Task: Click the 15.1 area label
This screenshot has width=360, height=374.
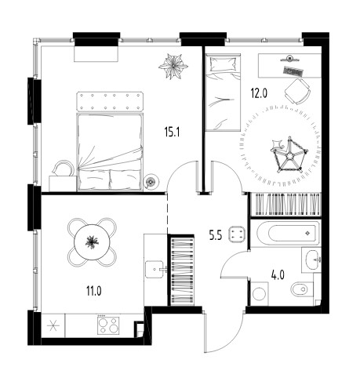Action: (172, 133)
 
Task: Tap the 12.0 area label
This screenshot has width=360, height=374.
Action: (259, 93)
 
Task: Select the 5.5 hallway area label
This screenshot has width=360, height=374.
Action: (215, 236)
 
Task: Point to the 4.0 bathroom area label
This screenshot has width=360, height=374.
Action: (278, 275)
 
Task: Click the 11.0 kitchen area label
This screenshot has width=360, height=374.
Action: (94, 291)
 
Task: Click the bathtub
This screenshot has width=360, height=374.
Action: (288, 233)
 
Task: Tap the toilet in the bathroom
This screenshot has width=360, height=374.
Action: (302, 289)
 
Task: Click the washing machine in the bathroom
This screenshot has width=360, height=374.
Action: (259, 293)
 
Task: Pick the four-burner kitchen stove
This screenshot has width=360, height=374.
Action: (108, 325)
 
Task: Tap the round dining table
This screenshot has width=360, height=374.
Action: (92, 242)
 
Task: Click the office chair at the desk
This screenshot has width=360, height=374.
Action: (297, 91)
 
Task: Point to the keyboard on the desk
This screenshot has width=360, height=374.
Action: (293, 71)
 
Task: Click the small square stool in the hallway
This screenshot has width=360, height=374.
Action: (236, 234)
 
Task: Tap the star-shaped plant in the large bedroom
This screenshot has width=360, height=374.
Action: (173, 66)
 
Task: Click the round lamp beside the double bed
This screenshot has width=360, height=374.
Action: (151, 181)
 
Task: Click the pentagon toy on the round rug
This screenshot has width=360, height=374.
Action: (289, 156)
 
